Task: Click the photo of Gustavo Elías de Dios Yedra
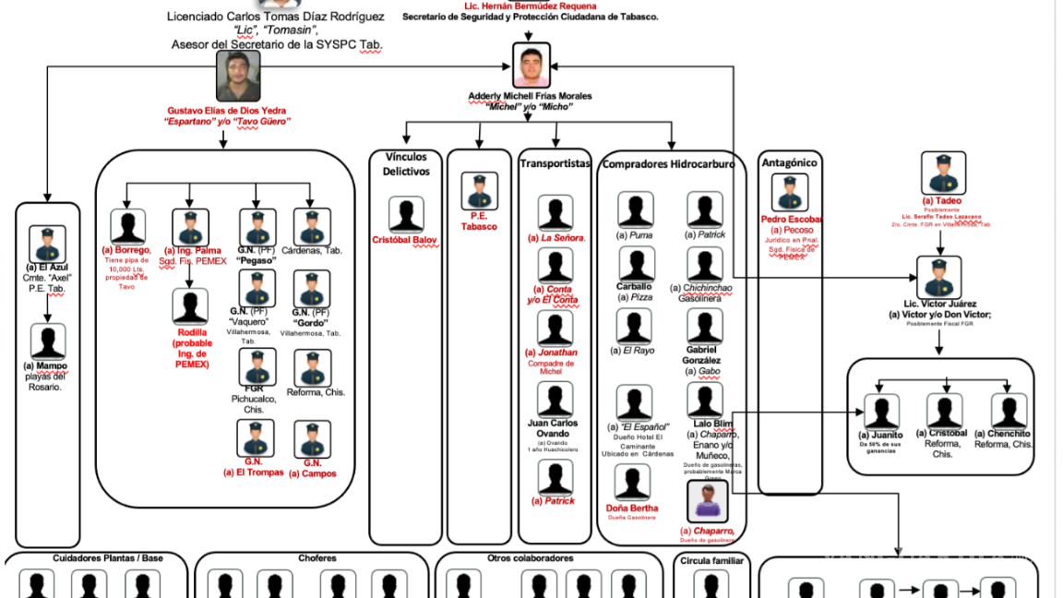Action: click(x=238, y=76)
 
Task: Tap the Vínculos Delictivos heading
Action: click(x=406, y=164)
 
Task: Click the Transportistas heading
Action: click(x=555, y=163)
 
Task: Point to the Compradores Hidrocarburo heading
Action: click(x=669, y=164)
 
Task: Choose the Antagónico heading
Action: click(x=789, y=162)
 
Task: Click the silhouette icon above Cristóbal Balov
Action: click(x=406, y=215)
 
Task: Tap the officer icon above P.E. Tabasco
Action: click(x=479, y=191)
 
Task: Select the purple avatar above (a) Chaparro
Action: click(x=706, y=502)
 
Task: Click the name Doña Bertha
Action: click(x=632, y=508)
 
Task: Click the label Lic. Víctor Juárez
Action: click(x=939, y=304)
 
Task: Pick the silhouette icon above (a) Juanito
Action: click(x=881, y=412)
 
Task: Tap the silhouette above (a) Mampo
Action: click(x=47, y=341)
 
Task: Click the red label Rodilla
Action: click(x=193, y=332)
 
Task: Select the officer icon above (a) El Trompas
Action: click(x=255, y=438)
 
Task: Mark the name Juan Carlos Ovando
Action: click(x=555, y=428)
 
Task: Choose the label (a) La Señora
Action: click(x=555, y=238)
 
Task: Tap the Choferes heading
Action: click(x=317, y=558)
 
